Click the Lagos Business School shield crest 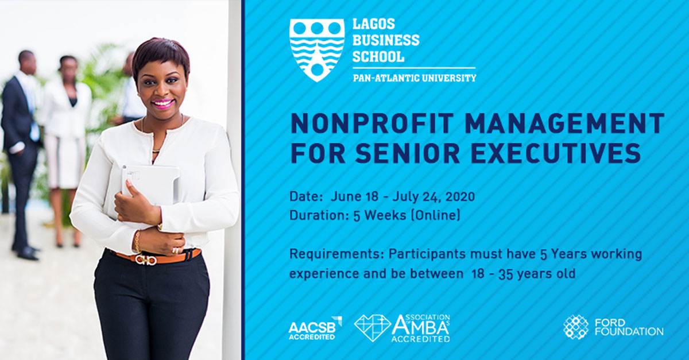317,50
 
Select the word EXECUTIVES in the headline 556,153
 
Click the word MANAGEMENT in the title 565,123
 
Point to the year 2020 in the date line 460,196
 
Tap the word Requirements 337,255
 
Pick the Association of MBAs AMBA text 420,328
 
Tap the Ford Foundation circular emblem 575,327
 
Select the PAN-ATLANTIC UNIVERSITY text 415,78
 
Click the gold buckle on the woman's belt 146,260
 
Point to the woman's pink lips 162,103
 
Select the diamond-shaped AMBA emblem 372,328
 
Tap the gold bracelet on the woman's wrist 137,242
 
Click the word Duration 318,215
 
